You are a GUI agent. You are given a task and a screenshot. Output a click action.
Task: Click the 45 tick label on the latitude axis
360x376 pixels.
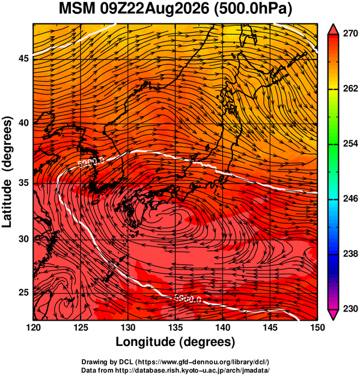click(23, 58)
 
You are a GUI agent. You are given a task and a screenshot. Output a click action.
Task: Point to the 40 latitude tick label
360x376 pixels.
click(23, 123)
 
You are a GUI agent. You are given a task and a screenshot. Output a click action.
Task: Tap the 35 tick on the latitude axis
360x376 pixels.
click(23, 183)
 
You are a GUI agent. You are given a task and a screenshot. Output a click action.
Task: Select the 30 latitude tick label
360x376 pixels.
click(23, 239)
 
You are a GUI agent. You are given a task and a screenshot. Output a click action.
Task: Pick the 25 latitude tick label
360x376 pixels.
click(23, 292)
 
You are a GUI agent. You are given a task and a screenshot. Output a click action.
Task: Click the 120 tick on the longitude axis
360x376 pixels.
click(33, 327)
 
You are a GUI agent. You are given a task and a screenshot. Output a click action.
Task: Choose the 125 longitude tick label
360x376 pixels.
click(81, 327)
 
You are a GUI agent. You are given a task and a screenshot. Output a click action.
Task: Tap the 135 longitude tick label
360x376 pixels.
click(175, 327)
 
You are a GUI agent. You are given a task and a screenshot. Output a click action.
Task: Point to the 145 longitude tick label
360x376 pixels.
click(270, 327)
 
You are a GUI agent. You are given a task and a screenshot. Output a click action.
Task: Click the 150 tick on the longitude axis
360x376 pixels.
click(317, 327)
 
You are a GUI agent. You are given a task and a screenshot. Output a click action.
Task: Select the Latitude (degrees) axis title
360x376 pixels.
click(7, 171)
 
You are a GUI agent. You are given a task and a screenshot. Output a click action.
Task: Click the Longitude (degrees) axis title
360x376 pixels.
click(175, 342)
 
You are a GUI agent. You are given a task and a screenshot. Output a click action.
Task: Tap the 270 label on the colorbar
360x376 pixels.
click(350, 34)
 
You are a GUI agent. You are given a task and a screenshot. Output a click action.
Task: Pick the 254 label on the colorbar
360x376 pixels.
click(350, 144)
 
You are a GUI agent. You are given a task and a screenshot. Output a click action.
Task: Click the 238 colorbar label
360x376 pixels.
click(350, 254)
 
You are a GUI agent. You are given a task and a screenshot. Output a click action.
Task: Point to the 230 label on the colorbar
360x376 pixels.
click(350, 309)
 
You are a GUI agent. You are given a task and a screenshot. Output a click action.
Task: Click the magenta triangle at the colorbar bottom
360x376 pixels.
click(334, 315)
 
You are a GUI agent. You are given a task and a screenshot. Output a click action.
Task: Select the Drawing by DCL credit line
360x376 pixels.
click(175, 362)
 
